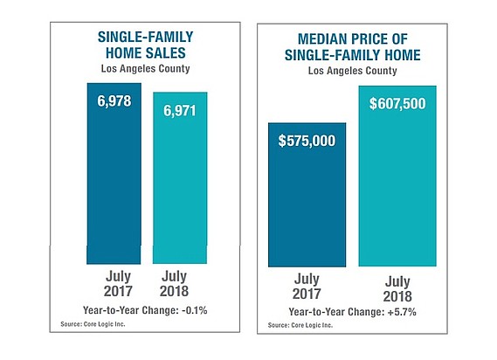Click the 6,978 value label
114,101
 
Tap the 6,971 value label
180,111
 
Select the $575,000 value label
307,141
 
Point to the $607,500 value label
397,104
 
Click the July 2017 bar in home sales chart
114,174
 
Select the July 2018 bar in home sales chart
180,178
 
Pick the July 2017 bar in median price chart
307,195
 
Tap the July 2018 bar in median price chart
397,176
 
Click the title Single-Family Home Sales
146,45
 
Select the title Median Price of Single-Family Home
353,47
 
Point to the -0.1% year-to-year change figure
195,310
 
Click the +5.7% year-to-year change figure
402,312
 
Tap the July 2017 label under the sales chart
118,284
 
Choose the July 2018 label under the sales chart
174,284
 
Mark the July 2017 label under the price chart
307,287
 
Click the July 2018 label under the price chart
397,289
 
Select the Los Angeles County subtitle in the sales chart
146,69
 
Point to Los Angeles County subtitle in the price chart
353,71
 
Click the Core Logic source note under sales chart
93,324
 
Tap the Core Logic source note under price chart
300,325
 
